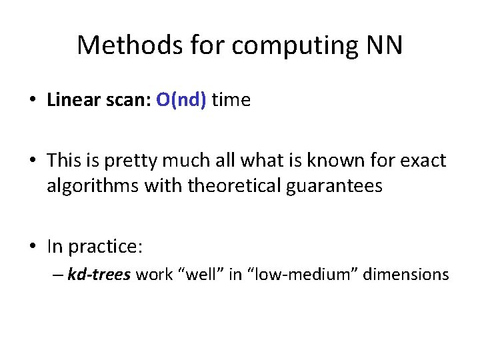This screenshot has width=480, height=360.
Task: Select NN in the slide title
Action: point(384,45)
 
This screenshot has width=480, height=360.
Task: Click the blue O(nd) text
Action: point(181,100)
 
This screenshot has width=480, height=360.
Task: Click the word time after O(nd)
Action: point(231,100)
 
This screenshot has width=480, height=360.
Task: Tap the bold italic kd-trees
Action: point(99,274)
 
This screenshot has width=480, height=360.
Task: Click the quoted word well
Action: point(200,274)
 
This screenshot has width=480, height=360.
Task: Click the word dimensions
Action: point(406,274)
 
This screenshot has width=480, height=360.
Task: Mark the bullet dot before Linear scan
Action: point(32,101)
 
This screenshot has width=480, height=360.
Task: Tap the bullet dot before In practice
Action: point(32,247)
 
